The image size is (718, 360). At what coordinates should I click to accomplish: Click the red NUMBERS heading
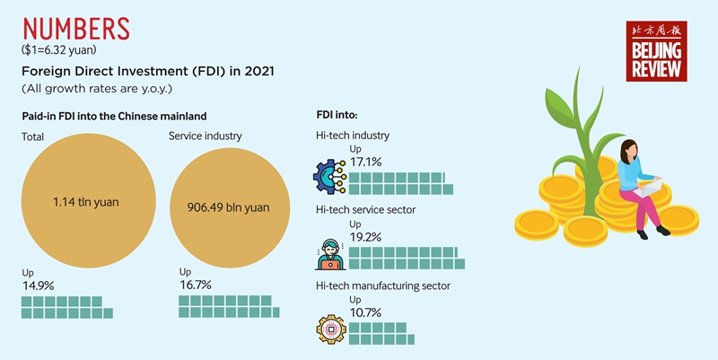74,27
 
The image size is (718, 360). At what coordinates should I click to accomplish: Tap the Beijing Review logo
656,52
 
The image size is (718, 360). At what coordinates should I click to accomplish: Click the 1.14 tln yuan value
85,202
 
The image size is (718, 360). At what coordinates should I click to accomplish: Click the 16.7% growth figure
196,285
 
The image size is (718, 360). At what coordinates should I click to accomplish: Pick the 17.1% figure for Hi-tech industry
365,162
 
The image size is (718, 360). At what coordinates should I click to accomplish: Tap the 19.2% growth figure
365,238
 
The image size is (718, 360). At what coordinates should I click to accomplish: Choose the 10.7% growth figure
365,312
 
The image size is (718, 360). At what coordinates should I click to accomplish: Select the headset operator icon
329,253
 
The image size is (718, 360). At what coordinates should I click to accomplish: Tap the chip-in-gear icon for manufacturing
329,329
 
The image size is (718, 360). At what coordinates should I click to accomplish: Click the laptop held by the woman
651,188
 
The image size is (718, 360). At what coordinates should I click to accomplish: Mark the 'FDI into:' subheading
337,116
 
